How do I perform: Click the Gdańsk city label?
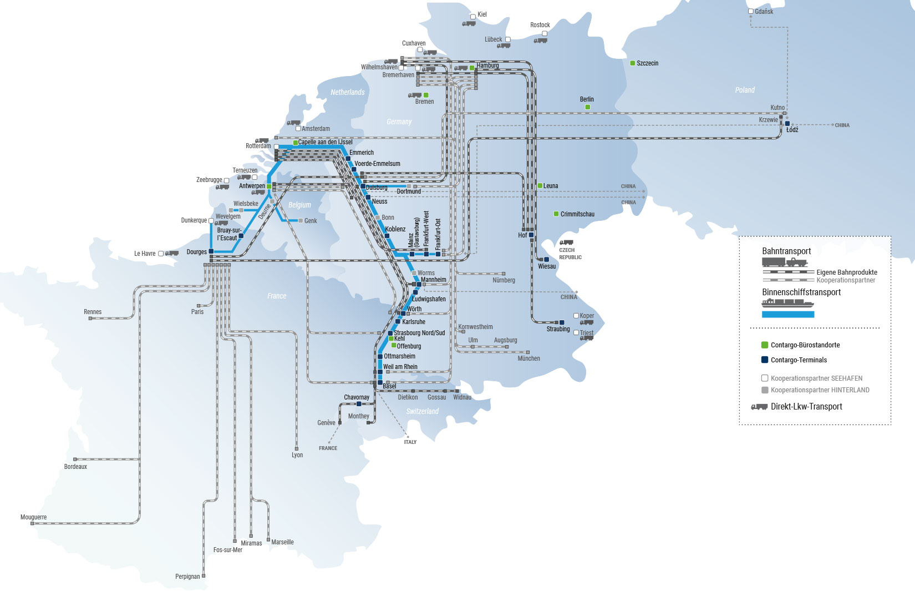point(764,12)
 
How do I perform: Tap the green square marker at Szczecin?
point(632,63)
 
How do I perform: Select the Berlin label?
point(587,99)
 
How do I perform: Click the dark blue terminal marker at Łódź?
point(787,123)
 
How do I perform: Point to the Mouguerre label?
point(33,517)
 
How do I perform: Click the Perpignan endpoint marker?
point(204,576)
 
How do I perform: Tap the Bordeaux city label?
point(75,466)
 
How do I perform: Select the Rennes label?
point(93,312)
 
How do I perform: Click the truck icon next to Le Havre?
point(172,254)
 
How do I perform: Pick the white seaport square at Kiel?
point(472,17)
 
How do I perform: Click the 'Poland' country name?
point(745,90)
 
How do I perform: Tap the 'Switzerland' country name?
point(423,411)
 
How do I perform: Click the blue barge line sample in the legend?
point(788,314)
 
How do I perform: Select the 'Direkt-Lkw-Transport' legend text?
point(806,407)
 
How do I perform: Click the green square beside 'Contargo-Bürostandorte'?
point(765,345)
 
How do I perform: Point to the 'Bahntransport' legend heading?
point(786,251)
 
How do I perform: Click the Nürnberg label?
point(504,280)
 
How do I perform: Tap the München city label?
point(528,358)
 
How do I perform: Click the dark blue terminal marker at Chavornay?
point(359,404)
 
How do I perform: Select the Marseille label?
point(282,542)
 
